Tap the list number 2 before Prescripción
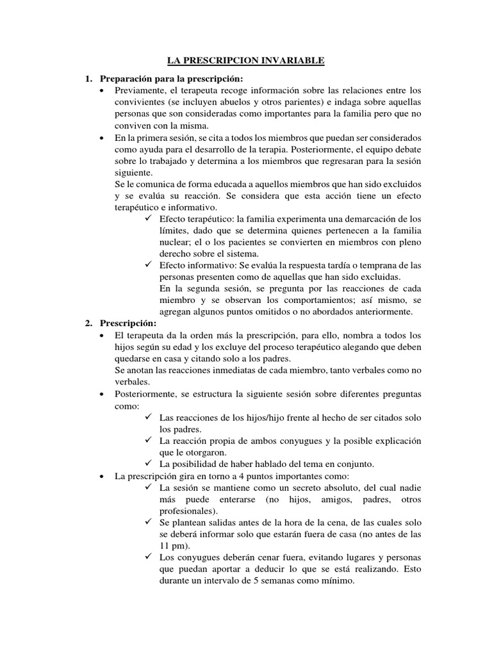tap(88, 324)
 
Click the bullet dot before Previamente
tap(103, 90)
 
